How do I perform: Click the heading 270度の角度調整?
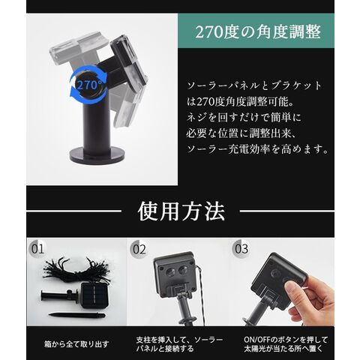(x=258, y=31)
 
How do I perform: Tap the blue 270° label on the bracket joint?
(x=89, y=85)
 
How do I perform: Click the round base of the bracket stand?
(x=97, y=154)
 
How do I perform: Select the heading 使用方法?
(x=181, y=211)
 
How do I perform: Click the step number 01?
(x=37, y=249)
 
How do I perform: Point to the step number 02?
(x=139, y=249)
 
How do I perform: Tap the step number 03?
(x=241, y=249)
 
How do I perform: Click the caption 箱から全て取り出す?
(x=76, y=344)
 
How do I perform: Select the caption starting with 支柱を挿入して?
(x=179, y=344)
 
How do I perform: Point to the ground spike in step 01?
(x=76, y=315)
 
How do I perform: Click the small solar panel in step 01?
(x=93, y=296)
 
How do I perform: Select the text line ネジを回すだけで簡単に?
(x=244, y=118)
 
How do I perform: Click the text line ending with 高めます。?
(x=257, y=149)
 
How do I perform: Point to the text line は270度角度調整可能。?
(x=240, y=102)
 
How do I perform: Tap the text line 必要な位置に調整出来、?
(x=241, y=133)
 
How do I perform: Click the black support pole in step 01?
(x=59, y=296)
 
